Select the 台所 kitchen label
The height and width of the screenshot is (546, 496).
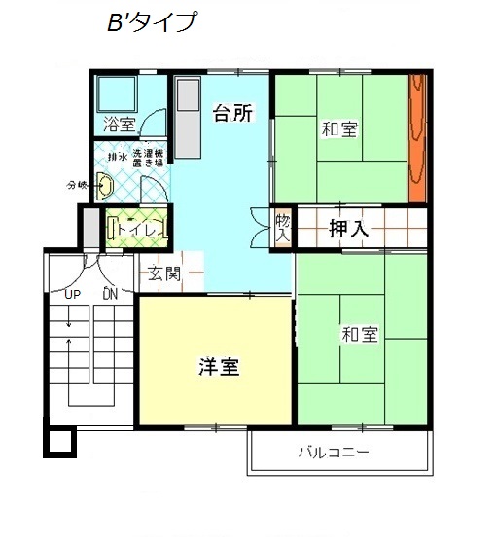tap(232, 114)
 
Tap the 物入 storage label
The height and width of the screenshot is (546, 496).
tap(283, 228)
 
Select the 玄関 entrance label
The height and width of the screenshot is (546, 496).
tap(164, 273)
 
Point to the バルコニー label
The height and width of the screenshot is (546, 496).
tap(333, 453)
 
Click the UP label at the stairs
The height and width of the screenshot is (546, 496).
tap(72, 293)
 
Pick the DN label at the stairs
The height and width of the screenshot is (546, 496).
tap(110, 293)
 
